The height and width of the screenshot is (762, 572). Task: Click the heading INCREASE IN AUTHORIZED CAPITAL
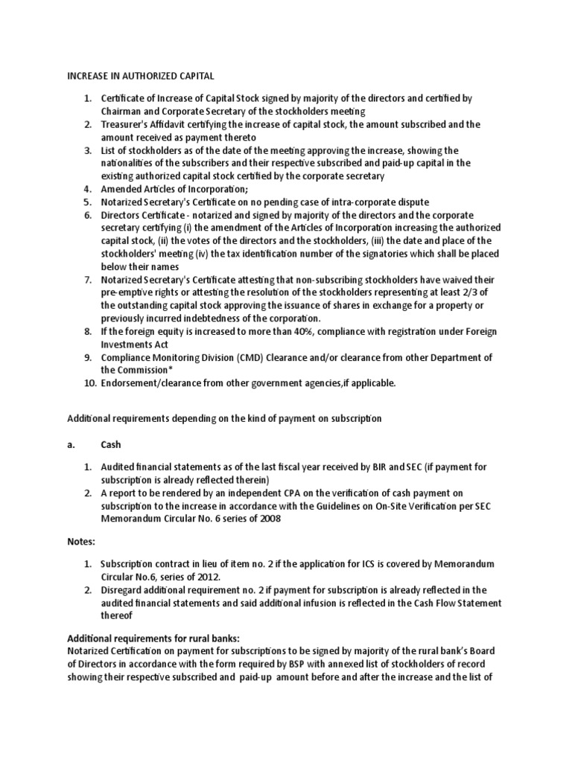click(142, 75)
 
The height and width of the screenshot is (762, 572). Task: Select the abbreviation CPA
click(293, 493)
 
